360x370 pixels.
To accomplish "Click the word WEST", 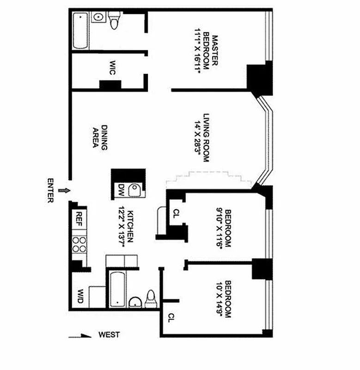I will (x=109, y=334).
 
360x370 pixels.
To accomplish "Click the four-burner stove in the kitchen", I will (x=79, y=244).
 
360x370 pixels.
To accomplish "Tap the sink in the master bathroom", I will (x=98, y=17).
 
